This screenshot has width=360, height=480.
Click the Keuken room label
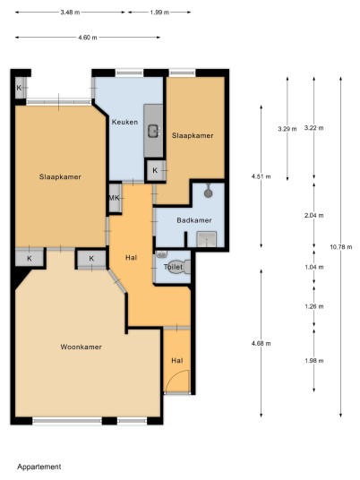(x=124, y=122)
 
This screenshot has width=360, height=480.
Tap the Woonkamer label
(x=81, y=347)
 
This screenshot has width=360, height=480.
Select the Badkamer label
(x=194, y=220)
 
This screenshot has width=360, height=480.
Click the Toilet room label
(x=173, y=267)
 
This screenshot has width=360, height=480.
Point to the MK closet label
(x=115, y=198)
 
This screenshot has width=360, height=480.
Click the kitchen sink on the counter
(x=154, y=132)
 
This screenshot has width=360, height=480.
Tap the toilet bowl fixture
(x=184, y=267)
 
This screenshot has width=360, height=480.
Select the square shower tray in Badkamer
(x=207, y=239)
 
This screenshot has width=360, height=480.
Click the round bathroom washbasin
(x=209, y=193)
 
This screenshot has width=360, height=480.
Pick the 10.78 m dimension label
(x=340, y=247)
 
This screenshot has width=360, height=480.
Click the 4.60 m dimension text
(x=88, y=38)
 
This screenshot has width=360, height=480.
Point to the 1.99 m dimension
(x=159, y=13)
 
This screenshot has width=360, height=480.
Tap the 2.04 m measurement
(x=313, y=215)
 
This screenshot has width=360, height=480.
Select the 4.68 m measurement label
(x=261, y=343)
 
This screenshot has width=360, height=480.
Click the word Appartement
(x=39, y=467)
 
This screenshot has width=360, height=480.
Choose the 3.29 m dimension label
(x=287, y=129)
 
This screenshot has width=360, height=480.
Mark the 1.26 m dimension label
(x=313, y=306)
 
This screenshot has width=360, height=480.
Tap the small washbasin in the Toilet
(x=161, y=253)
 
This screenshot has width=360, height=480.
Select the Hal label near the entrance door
(x=177, y=360)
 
